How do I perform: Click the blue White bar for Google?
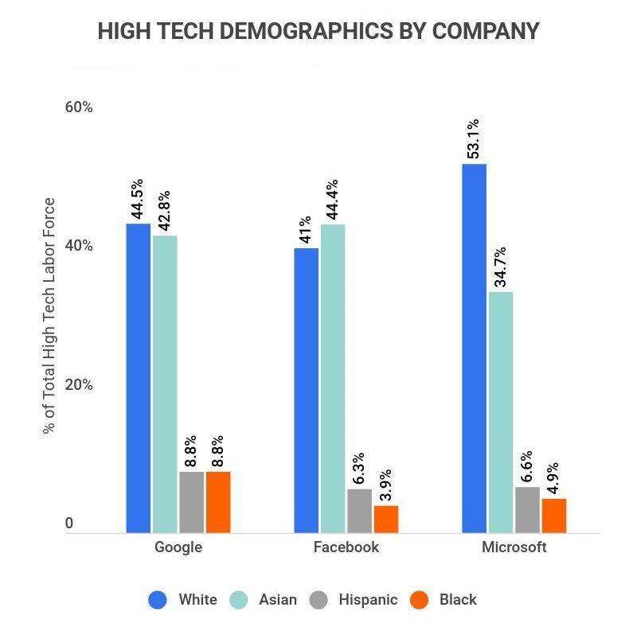point(139,378)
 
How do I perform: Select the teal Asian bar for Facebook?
point(333,378)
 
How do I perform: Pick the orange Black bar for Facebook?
point(386,519)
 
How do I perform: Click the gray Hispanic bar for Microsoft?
point(527,509)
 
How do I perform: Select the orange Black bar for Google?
point(218,502)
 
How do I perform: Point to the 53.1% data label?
point(474,139)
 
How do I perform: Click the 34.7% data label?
point(501,268)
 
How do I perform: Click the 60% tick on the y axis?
point(78,107)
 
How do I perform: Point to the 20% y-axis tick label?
point(78,384)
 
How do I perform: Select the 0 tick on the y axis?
point(69,523)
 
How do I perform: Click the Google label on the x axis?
point(178,547)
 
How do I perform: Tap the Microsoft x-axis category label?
point(514,547)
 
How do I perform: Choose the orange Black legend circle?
point(418,599)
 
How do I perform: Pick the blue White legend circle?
point(157,599)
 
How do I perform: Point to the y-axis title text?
point(49,315)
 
